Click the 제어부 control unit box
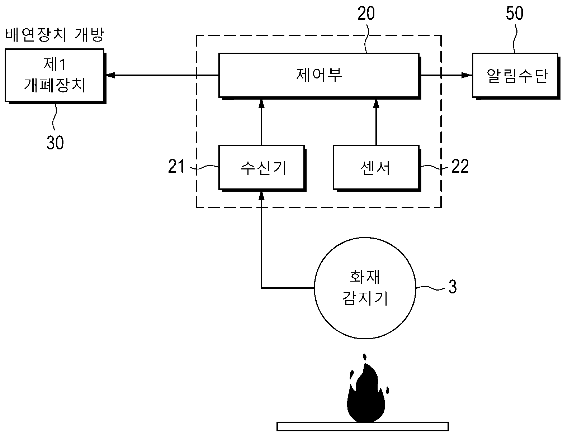(319, 76)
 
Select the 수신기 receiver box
(262, 168)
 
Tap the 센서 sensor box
(377, 168)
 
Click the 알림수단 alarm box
(515, 76)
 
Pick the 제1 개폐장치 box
(55, 76)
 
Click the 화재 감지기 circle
(365, 288)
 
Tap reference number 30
(55, 143)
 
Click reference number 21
(176, 166)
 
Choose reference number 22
(460, 166)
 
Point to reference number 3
(453, 287)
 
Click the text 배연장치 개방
(55, 35)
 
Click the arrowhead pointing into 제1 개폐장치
(110, 75)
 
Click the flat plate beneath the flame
(363, 426)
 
